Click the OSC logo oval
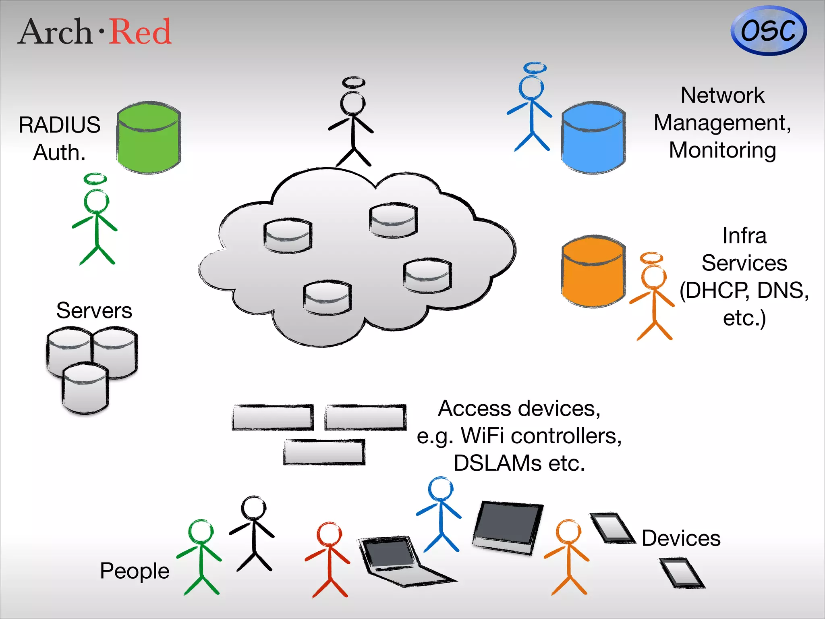tap(768, 31)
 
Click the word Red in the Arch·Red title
tap(140, 32)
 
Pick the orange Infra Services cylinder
tap(593, 272)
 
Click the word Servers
tap(94, 311)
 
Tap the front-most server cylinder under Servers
tap(85, 389)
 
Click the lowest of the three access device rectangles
tap(324, 452)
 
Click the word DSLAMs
tap(497, 463)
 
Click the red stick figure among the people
tap(329, 560)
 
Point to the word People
tap(135, 571)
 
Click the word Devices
tap(681, 538)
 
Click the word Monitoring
tap(722, 150)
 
